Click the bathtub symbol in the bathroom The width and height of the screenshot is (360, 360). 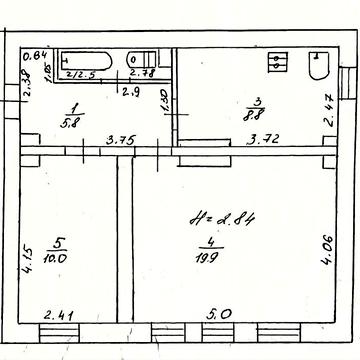86,61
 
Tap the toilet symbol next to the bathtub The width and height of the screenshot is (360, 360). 142,62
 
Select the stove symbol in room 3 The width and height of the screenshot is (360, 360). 278,62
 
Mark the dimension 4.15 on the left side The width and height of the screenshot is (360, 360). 29,244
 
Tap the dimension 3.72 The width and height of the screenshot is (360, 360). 265,141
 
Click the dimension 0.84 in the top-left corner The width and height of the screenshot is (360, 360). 35,56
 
